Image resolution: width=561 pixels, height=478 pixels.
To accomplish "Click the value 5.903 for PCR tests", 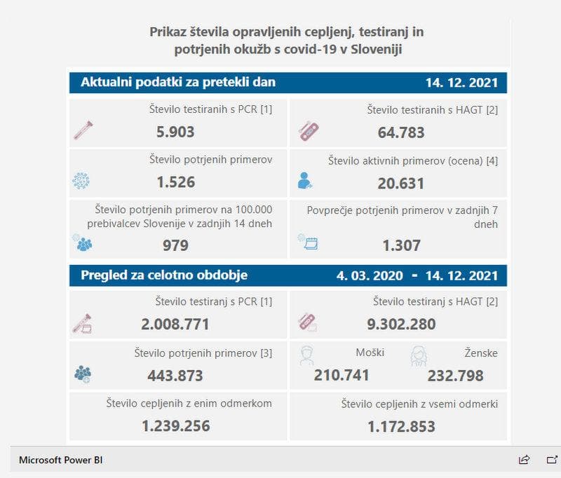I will click(x=175, y=132).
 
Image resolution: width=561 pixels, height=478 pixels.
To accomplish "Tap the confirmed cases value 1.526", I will click(x=175, y=182).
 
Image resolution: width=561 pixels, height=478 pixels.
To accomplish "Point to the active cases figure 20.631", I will click(x=400, y=184).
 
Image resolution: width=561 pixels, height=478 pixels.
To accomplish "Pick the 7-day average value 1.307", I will click(x=401, y=245).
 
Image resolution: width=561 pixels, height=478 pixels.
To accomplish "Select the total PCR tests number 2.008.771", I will click(x=175, y=324).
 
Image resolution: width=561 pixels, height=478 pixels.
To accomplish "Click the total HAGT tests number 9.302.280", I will click(x=400, y=324).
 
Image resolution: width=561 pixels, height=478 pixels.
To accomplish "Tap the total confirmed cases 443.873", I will click(x=175, y=375).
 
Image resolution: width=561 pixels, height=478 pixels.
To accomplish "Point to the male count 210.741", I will click(x=342, y=375).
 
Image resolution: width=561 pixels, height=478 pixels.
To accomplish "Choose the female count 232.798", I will click(x=455, y=375).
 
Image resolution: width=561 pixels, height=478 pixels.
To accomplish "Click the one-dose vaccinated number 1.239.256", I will click(x=175, y=426).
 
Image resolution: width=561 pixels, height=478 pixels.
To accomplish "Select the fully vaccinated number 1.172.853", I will click(x=400, y=426).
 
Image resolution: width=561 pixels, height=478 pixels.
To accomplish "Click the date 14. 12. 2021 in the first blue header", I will click(x=461, y=83).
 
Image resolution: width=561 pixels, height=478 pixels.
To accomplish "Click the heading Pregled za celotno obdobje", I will click(x=163, y=275).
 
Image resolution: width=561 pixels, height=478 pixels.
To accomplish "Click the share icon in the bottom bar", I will click(x=524, y=460).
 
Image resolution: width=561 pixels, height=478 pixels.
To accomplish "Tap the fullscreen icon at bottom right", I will click(x=552, y=460).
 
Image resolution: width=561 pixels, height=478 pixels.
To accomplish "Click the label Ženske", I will click(x=480, y=353).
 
